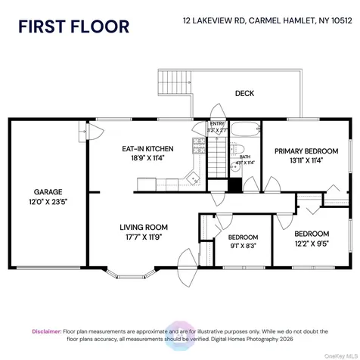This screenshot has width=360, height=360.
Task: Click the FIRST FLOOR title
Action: [74, 26]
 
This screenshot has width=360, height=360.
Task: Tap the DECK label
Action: [244, 94]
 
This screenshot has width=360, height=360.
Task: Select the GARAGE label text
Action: [47, 191]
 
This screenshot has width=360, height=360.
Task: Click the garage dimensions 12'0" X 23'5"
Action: [47, 202]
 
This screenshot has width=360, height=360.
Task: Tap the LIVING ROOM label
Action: [144, 227]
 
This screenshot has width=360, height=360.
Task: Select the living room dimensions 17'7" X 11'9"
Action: [144, 237]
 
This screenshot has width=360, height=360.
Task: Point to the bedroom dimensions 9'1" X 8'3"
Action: [243, 245]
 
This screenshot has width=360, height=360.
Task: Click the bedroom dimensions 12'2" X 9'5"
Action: [311, 244]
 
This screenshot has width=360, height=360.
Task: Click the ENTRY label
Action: [217, 124]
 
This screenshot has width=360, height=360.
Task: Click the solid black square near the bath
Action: [234, 185]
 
